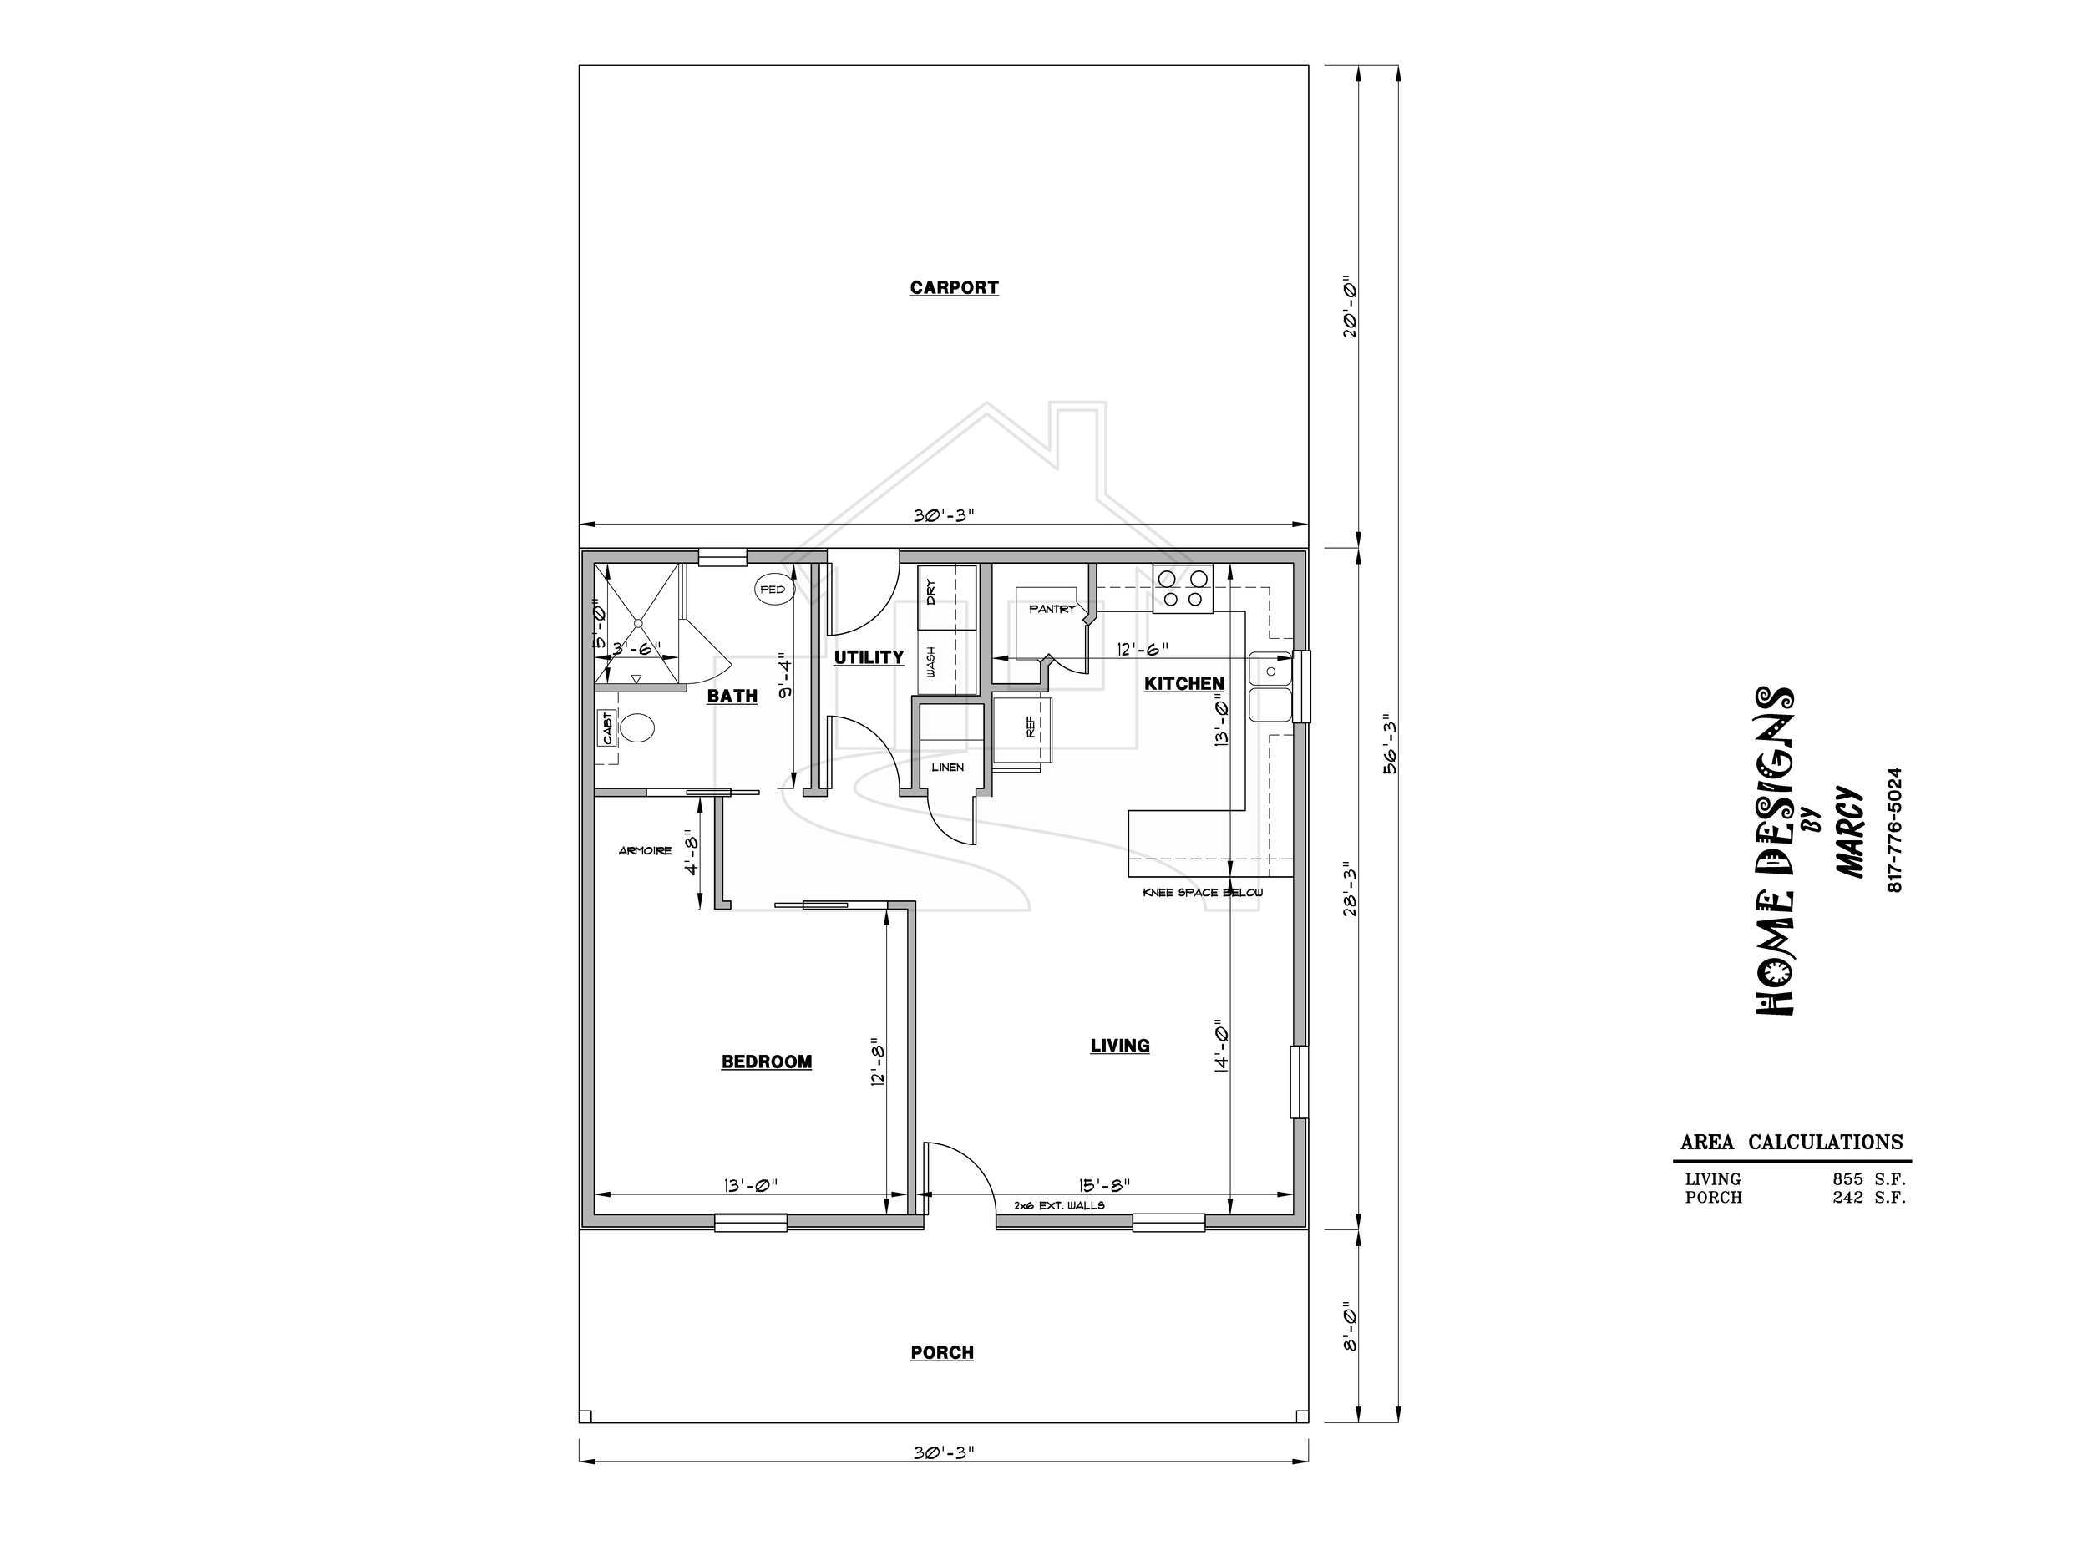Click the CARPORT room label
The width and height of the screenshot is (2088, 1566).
[x=954, y=288]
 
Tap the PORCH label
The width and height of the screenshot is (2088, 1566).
[x=942, y=1353]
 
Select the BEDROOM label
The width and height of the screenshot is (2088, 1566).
[x=767, y=1062]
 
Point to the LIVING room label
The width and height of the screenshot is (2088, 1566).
[x=1119, y=1046]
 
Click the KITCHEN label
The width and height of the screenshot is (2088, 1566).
[x=1183, y=683]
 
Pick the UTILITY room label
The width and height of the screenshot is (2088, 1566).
[x=869, y=657]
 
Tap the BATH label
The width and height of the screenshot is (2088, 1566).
[x=732, y=696]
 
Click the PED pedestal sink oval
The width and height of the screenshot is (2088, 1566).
[x=773, y=590]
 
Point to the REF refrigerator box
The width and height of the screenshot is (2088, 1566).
[x=1021, y=730]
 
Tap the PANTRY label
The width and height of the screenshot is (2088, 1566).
[x=1052, y=609]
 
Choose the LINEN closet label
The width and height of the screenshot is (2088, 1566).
[x=948, y=768]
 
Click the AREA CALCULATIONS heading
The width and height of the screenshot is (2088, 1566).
[x=1792, y=1143]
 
